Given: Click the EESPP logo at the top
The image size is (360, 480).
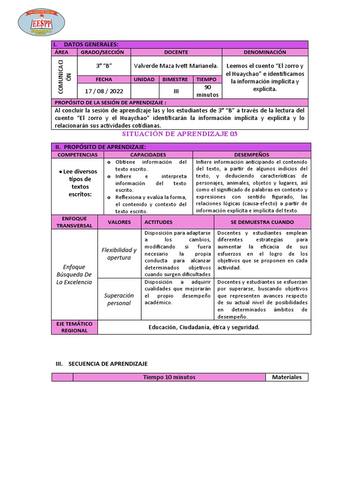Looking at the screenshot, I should click(41, 22).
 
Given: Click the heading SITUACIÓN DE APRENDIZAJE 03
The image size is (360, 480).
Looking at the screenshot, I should click(180, 134).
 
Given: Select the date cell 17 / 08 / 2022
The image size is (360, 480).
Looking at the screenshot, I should click(104, 91).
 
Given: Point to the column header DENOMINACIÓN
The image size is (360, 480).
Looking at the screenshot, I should click(265, 52).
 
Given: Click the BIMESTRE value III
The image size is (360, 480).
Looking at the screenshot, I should click(176, 91).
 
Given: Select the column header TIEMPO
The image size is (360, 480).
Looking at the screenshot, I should click(206, 80).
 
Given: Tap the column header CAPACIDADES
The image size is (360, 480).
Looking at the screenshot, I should click(148, 154).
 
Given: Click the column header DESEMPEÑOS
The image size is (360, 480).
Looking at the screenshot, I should click(251, 154).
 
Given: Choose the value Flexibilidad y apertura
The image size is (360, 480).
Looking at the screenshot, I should click(119, 254).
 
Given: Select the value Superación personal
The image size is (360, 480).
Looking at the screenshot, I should click(119, 299).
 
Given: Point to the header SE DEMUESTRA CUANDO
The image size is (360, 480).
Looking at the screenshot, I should click(262, 222).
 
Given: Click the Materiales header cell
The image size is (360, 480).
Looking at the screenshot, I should click(287, 377).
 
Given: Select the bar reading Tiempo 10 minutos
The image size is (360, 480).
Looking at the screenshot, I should click(170, 377).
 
